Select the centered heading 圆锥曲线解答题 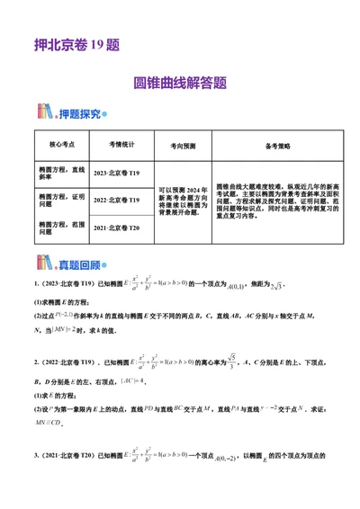coord(180,83)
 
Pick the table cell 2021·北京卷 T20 coord(123,230)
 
